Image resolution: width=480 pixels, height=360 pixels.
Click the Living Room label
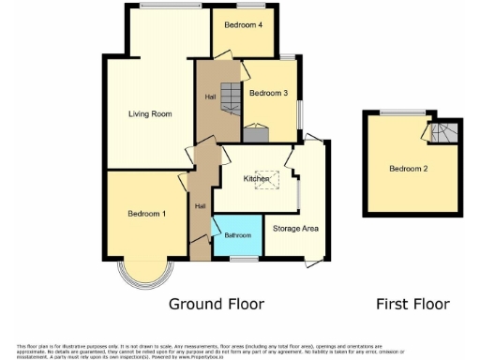pos(150,114)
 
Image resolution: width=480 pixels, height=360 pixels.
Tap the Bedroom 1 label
pos(146,215)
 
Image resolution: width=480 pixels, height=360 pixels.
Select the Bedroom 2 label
pos(409,169)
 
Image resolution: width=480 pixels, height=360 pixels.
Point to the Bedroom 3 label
pos(267,93)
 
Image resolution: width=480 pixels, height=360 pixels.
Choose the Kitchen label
pos(256,178)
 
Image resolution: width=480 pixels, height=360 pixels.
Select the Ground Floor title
pos(216,304)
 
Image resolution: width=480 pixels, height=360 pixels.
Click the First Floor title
pos(412,304)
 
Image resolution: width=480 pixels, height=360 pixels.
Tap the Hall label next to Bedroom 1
pos(200,206)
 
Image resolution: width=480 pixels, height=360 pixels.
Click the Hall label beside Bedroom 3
pos(211,97)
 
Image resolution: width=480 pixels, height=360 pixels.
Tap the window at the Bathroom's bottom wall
pos(245,257)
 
